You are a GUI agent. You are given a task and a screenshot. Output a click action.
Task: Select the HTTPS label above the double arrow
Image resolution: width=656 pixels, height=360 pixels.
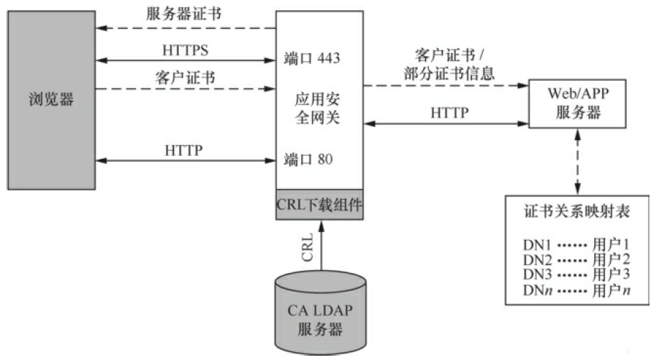tap(185, 50)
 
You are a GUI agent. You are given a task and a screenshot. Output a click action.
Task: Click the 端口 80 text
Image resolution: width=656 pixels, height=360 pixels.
tap(308, 159)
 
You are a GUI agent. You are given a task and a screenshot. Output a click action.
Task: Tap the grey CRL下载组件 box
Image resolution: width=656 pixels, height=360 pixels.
tap(320, 204)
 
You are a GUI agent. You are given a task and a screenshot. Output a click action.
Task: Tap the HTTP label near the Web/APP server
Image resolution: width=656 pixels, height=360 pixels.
tap(450, 114)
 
